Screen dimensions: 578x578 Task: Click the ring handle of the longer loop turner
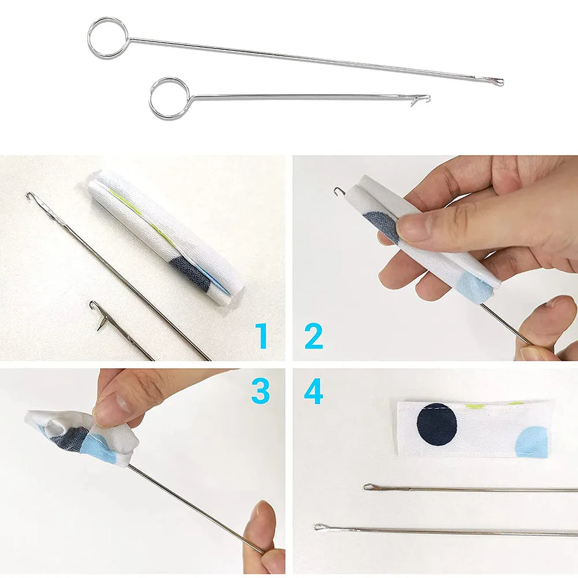coord(108,38)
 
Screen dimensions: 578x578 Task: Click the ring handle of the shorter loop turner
coord(169,98)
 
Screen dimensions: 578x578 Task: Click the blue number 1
coord(262,336)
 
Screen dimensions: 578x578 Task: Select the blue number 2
coord(313,336)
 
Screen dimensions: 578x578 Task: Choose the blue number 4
coord(313,391)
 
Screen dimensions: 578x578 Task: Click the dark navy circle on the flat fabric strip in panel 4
coord(437,424)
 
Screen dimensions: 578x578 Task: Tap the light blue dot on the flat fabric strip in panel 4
coord(532,441)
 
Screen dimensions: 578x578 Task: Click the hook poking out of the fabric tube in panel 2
coord(339,191)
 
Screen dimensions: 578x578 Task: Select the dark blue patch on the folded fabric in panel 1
coord(191,271)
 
